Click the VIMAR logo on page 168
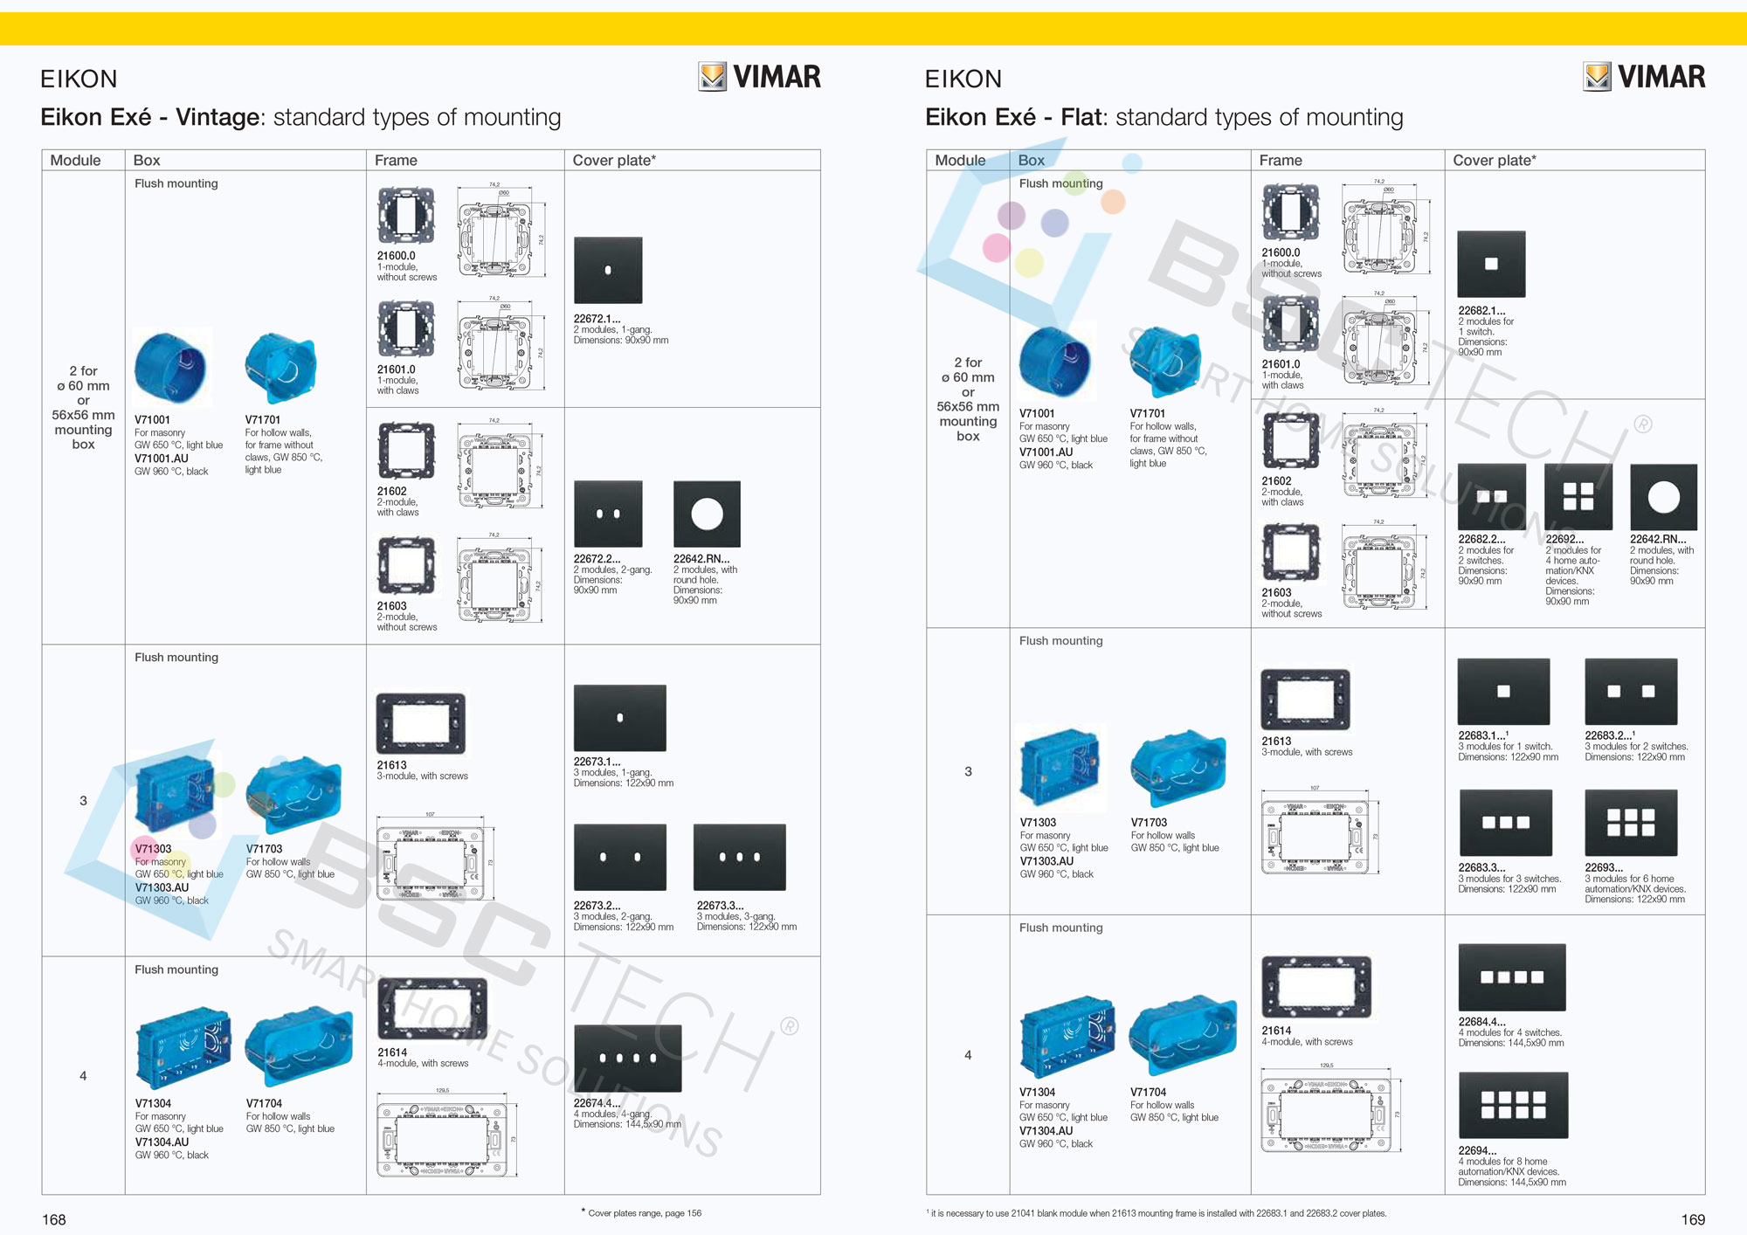760,77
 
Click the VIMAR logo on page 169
1644,77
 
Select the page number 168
54,1219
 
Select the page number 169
1693,1219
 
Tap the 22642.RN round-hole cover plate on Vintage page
707,514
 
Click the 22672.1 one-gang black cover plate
608,270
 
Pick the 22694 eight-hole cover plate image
1513,1105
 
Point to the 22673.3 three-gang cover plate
739,857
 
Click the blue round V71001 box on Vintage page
171,367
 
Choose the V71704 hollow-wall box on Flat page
1183,1038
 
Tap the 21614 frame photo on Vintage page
432,1008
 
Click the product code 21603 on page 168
392,605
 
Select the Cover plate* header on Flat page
1494,160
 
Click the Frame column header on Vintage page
396,160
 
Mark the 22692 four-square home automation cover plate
1578,496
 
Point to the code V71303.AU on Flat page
1046,860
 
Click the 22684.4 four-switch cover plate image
1512,977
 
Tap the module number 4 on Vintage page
83,1075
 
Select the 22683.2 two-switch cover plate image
1631,691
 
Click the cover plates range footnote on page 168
644,1212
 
